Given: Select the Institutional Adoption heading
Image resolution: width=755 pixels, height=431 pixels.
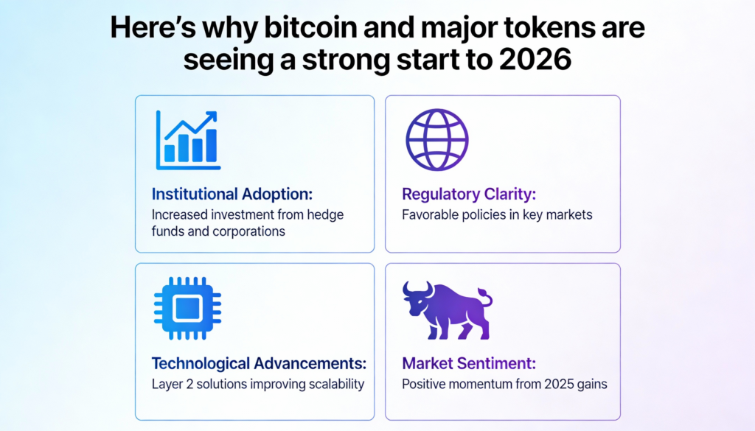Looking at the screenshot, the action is (232, 194).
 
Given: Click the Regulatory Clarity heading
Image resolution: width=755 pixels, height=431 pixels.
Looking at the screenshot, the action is (469, 195).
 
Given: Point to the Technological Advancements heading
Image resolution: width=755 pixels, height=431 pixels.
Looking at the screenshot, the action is (259, 363).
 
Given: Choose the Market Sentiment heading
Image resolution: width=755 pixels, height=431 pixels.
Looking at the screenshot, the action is (469, 363).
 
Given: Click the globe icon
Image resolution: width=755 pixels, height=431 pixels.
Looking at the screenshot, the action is (436, 140).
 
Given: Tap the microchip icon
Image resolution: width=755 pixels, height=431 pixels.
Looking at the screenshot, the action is (188, 309).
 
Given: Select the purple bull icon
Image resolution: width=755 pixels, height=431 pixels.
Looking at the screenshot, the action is (448, 310).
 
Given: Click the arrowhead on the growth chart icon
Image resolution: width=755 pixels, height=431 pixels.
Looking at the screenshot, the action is (212, 116).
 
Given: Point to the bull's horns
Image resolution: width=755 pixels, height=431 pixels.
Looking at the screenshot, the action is (417, 289).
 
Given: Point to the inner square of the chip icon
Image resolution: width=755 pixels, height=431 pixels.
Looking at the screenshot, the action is (187, 309).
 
